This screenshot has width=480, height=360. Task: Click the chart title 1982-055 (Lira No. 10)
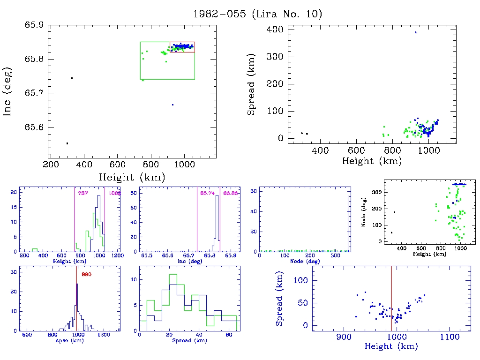pyautogui.click(x=258, y=14)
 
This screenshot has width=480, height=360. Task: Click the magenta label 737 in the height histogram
pyautogui.click(x=83, y=193)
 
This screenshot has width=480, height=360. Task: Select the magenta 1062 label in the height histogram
pyautogui.click(x=115, y=193)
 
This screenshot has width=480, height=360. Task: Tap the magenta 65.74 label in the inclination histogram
pyautogui.click(x=207, y=193)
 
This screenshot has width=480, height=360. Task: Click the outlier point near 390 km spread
pyautogui.click(x=416, y=32)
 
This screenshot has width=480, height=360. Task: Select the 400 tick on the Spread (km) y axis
pyautogui.click(x=275, y=30)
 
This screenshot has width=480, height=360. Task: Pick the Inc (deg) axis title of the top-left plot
pyautogui.click(x=8, y=91)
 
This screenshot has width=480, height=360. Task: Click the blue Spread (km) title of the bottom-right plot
pyautogui.click(x=279, y=305)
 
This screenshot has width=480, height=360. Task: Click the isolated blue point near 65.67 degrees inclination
pyautogui.click(x=172, y=105)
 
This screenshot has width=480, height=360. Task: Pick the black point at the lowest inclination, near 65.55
pyautogui.click(x=67, y=143)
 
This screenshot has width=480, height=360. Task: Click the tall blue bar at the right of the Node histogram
pyautogui.click(x=348, y=223)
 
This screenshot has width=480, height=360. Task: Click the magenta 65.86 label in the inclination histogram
pyautogui.click(x=230, y=193)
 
